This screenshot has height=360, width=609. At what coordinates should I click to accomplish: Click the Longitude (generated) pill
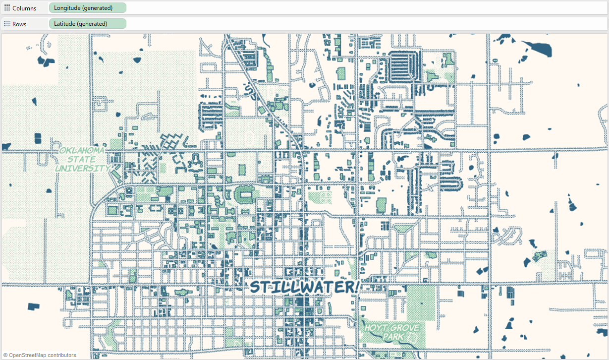pyautogui.click(x=87, y=8)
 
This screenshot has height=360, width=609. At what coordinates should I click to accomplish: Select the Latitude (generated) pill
pyautogui.click(x=87, y=24)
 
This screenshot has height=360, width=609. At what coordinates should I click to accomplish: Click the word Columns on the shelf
pyautogui.click(x=24, y=8)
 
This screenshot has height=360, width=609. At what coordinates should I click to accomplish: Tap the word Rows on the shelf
pyautogui.click(x=19, y=24)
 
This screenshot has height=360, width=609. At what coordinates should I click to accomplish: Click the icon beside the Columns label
pyautogui.click(x=7, y=8)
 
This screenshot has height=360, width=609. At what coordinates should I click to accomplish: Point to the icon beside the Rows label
pyautogui.click(x=7, y=24)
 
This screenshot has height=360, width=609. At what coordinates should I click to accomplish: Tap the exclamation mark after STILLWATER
pyautogui.click(x=357, y=286)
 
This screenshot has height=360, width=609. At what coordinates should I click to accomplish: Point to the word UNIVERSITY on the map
pyautogui.click(x=82, y=168)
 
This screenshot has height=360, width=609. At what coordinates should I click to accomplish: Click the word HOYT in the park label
pyautogui.click(x=376, y=328)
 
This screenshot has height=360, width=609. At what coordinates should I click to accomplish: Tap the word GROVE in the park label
pyautogui.click(x=404, y=328)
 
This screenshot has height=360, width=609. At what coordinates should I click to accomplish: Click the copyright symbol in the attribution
pyautogui.click(x=5, y=355)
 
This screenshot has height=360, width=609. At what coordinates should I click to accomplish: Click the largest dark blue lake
pyautogui.click(x=539, y=48)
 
